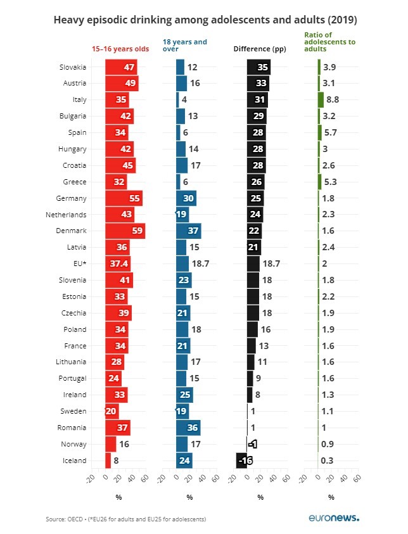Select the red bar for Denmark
(125, 231)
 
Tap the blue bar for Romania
(188, 428)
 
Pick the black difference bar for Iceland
(241, 461)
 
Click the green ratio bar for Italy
(321, 99)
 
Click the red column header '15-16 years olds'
(120, 49)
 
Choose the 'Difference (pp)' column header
(260, 49)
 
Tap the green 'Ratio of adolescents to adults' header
(329, 42)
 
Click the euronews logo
(334, 518)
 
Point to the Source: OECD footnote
(125, 519)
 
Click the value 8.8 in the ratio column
(333, 100)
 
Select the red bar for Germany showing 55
(124, 198)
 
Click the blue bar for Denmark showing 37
(188, 231)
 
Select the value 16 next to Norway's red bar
(125, 444)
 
